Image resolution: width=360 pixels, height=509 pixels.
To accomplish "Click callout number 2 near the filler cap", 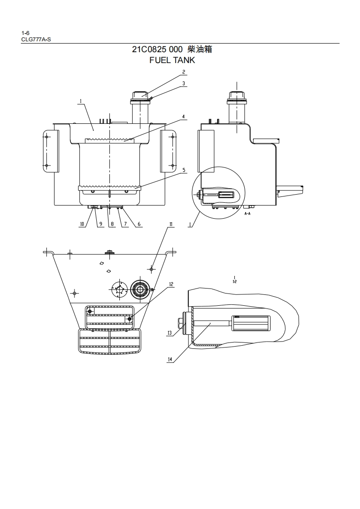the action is (183, 72).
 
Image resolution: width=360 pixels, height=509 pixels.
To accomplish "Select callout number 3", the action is (183, 83).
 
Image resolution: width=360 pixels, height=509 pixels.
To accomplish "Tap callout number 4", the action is (183, 117).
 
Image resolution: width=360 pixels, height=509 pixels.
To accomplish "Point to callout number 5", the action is (183, 170).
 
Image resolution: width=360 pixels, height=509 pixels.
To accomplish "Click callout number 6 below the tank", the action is (139, 224).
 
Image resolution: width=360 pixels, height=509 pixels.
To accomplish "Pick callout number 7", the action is (125, 224).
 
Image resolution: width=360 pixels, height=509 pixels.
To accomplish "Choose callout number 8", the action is (113, 224).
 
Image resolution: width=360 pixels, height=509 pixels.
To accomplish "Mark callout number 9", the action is (101, 224).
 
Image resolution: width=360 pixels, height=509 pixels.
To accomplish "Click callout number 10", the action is (82, 224).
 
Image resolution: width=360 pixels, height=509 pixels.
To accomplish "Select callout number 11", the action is (171, 224).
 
